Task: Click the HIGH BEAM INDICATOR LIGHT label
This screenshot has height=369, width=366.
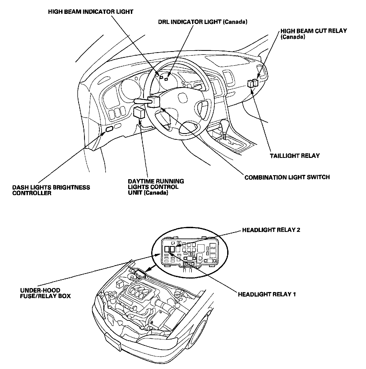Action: [91, 12]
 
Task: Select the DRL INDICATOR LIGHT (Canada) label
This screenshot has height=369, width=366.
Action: [203, 22]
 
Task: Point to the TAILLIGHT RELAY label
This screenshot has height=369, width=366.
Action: [295, 156]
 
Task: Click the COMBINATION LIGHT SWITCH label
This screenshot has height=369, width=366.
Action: [287, 177]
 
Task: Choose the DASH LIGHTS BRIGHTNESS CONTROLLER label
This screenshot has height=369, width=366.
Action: [51, 190]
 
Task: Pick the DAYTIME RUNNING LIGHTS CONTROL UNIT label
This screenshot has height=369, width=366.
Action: [156, 187]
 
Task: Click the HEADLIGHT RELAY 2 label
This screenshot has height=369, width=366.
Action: [271, 230]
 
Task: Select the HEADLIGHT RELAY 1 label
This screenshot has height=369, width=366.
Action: [267, 294]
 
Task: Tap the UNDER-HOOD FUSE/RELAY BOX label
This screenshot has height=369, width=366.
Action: [45, 293]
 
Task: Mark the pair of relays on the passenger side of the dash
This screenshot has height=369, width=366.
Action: [252, 83]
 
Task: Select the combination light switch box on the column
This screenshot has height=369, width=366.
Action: [153, 102]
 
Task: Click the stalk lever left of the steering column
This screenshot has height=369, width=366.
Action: [140, 101]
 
